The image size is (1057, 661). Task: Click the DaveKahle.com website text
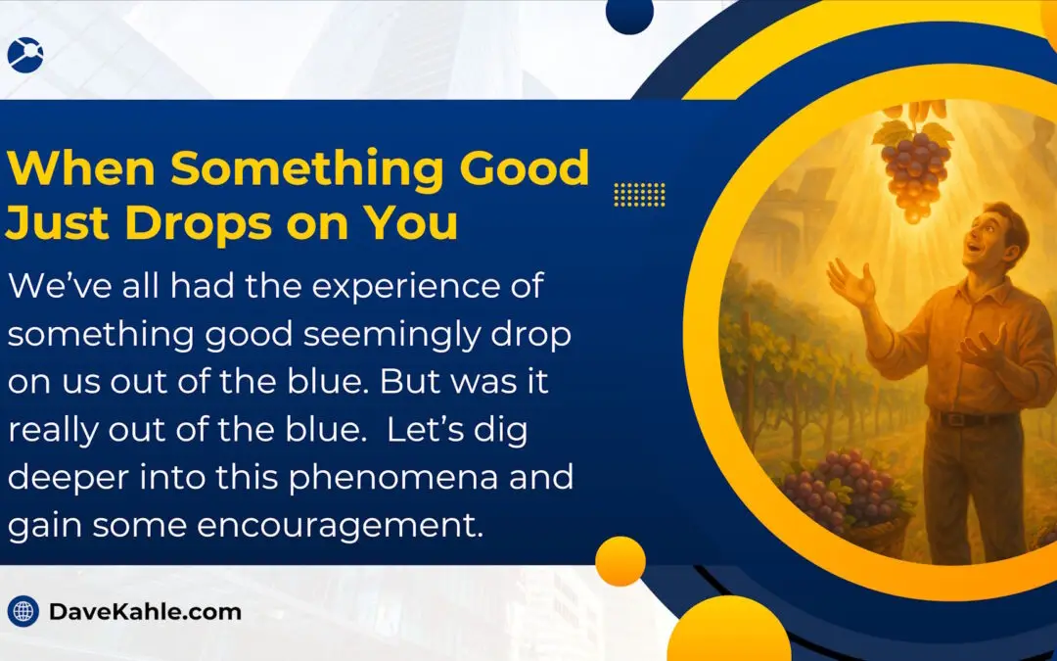pyautogui.click(x=145, y=612)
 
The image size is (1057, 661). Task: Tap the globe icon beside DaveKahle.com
pyautogui.click(x=23, y=612)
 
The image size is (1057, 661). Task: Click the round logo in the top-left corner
pyautogui.click(x=24, y=54)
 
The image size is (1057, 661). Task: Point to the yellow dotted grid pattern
pyautogui.click(x=639, y=194)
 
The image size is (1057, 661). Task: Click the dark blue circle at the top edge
pyautogui.click(x=629, y=13)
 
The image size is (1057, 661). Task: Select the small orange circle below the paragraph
pyautogui.click(x=620, y=561)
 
